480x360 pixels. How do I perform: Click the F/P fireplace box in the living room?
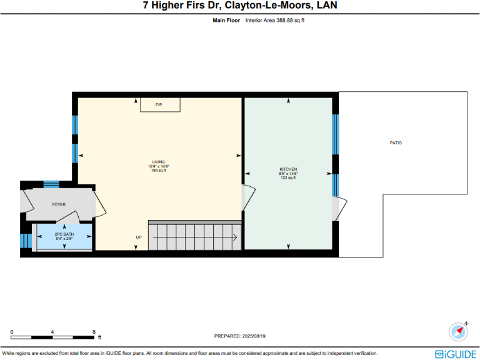159,104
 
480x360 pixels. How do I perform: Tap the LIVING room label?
159,162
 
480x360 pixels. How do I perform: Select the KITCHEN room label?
288,169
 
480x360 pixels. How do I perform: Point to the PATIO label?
396,143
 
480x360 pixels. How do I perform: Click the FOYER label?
59,204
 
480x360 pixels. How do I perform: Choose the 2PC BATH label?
64,234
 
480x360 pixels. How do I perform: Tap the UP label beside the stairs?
139,237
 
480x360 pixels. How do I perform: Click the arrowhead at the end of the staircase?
234,237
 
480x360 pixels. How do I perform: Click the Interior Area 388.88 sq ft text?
275,21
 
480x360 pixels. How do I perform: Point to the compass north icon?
459,331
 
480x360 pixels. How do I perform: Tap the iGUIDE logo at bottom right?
456,353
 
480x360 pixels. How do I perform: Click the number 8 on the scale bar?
94,332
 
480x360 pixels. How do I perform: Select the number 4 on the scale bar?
52,332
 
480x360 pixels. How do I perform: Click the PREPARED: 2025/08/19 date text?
240,336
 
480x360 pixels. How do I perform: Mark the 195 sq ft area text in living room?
159,170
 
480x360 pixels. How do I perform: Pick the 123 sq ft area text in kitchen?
288,177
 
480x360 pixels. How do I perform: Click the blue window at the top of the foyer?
51,184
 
